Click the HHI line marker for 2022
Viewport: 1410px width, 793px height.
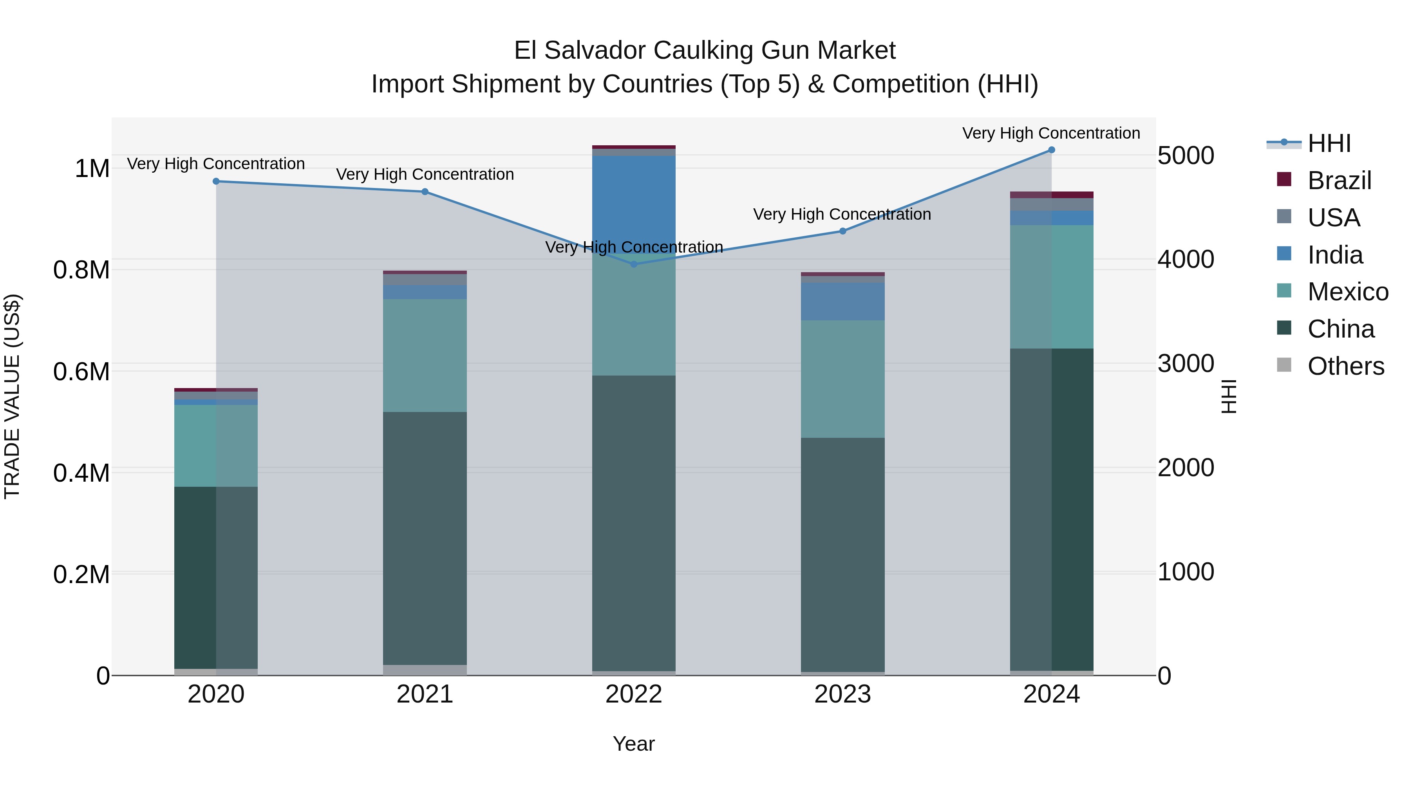634,264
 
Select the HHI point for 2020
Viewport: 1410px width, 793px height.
216,181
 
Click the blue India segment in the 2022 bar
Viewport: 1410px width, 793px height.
634,202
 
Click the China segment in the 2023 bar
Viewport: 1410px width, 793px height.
842,553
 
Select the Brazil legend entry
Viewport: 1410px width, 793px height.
1339,181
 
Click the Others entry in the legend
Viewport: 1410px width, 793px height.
1345,366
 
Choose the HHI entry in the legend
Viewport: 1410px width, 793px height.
1329,143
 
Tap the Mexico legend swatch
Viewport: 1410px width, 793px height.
1283,291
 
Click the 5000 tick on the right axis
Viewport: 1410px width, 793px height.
1186,155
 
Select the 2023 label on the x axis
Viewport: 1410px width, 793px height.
842,694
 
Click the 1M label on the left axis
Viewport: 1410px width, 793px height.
92,168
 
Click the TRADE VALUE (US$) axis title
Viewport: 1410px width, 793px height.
12,396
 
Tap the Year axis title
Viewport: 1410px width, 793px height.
633,744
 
